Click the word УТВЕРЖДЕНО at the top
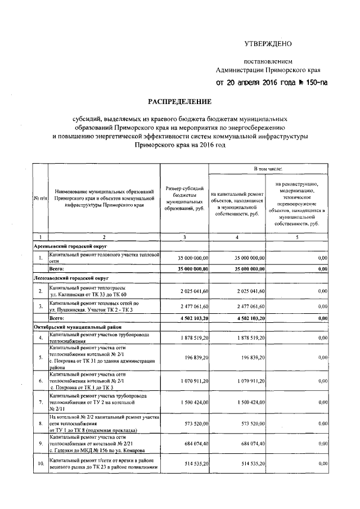268,44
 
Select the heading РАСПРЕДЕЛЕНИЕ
179,102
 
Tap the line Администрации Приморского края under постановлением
268,70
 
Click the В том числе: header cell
268,168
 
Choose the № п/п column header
40,198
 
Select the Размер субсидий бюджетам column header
184,197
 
